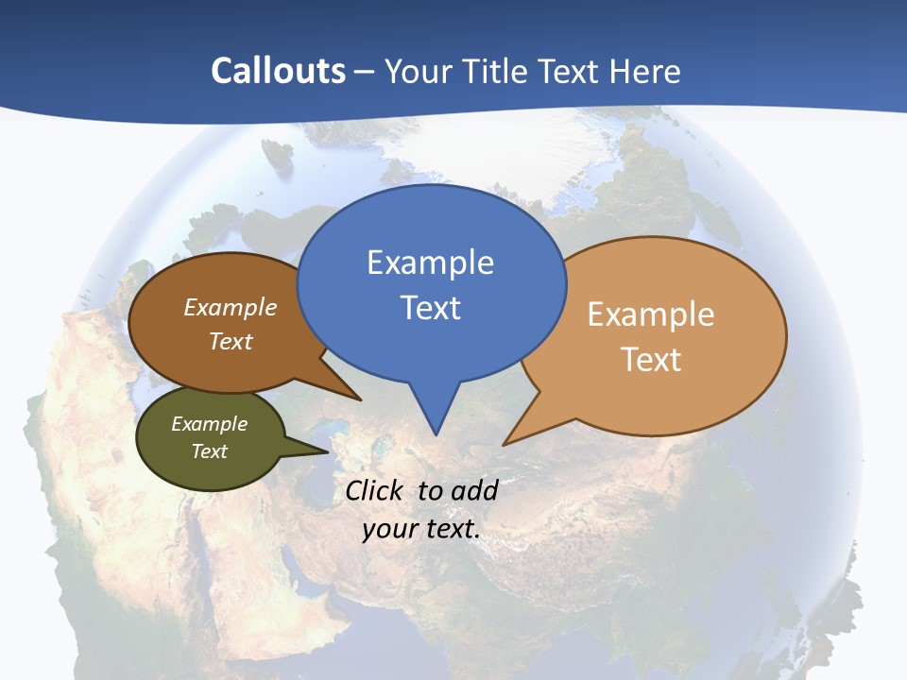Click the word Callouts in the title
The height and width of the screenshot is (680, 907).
(x=278, y=71)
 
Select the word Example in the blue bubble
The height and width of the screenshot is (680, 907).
(x=430, y=263)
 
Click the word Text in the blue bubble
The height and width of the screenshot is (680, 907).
(x=430, y=308)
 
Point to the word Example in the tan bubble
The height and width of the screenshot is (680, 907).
(x=651, y=314)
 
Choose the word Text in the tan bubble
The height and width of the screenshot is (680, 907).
(x=651, y=360)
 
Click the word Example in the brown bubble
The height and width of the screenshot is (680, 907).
(x=230, y=308)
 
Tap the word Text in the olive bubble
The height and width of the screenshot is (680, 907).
(x=209, y=451)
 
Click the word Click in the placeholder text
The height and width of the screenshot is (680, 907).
(x=375, y=490)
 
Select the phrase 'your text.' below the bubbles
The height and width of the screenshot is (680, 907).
(x=421, y=529)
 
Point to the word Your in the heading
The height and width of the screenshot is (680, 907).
(x=419, y=71)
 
